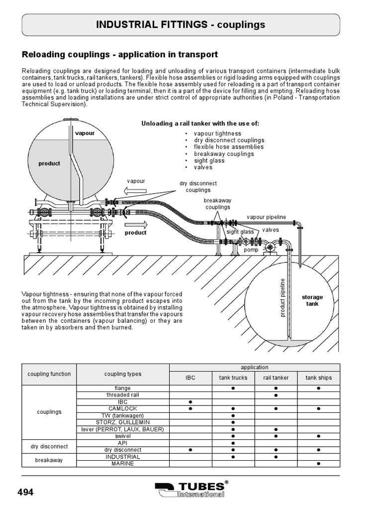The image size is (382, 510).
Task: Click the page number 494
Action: [x=25, y=492]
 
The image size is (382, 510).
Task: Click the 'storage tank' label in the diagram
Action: [x=312, y=300]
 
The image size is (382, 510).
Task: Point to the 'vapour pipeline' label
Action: [x=267, y=217]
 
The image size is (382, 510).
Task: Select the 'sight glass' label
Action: [x=240, y=232]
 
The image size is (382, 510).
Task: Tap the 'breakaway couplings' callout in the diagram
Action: [x=218, y=204]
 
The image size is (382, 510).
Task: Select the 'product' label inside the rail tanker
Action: [x=49, y=163]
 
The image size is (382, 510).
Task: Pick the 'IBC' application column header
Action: [x=191, y=378]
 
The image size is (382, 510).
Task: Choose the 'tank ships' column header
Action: [x=318, y=378]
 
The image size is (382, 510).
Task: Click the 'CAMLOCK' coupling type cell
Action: [x=122, y=408]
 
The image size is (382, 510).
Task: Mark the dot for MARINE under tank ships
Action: [x=318, y=464]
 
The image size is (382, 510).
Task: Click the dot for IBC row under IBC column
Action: [x=191, y=401]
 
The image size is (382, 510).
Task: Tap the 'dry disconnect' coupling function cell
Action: [x=49, y=446]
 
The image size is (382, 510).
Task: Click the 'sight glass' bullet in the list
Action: [x=209, y=161]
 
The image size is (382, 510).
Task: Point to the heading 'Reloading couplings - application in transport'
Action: [x=120, y=54]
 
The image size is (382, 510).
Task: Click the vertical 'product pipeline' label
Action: [x=283, y=297]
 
